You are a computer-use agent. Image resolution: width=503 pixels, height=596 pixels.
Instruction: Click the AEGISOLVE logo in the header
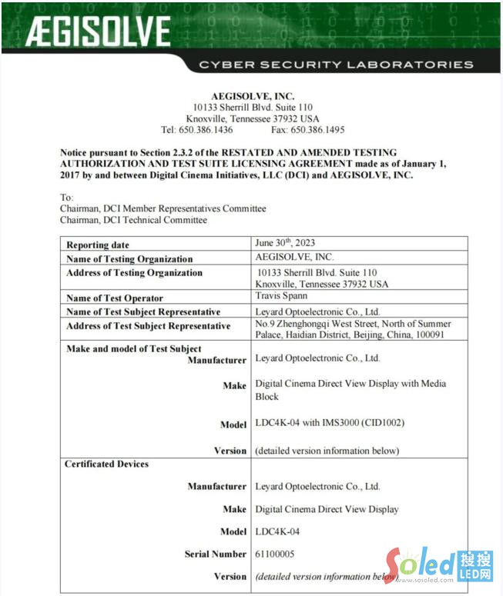coord(98,32)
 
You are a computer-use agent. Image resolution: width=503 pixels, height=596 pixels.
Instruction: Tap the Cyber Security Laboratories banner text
coord(336,65)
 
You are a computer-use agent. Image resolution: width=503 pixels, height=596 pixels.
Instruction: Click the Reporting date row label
coord(98,245)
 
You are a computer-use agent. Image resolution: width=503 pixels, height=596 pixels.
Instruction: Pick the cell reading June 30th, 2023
coord(285,243)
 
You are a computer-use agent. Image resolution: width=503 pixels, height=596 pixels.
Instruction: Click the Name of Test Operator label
coord(115,298)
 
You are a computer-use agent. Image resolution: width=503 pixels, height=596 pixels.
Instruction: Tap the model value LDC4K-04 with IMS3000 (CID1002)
coord(330,424)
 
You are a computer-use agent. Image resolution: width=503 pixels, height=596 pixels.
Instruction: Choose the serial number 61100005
coord(274,554)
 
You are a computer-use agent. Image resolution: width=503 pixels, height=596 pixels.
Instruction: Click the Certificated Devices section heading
coord(106,464)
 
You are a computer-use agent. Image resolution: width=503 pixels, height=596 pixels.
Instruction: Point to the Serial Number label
coord(216,554)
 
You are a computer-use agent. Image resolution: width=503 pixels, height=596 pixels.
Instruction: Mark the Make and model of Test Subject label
coord(134,349)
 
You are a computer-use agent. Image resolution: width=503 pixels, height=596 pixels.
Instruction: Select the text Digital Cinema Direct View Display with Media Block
coord(350,390)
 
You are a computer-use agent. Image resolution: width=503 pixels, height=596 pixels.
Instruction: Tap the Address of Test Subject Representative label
coord(149,326)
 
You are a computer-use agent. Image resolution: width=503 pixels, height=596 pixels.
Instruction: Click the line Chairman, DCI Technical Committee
coord(133,220)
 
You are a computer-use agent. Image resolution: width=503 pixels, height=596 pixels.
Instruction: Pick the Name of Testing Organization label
coord(129,259)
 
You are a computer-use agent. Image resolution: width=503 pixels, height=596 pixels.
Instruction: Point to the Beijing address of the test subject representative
coord(353,330)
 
